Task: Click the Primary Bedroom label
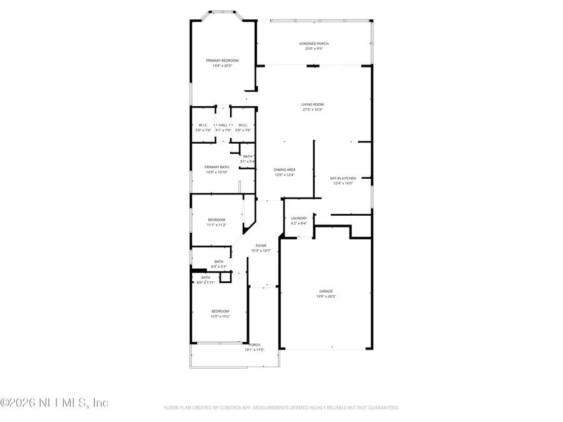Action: (222, 61)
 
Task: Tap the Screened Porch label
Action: (313, 44)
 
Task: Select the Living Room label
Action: (312, 104)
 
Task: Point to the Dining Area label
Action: (284, 169)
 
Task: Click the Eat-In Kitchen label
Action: (342, 178)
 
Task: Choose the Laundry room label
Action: (298, 218)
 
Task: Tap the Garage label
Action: (326, 291)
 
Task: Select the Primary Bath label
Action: (217, 167)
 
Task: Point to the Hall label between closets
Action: (223, 125)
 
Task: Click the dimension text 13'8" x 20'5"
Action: (222, 66)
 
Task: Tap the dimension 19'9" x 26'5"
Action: (326, 296)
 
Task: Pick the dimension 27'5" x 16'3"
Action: (312, 109)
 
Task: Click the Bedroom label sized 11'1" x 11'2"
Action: (216, 219)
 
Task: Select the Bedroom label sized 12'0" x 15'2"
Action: (220, 311)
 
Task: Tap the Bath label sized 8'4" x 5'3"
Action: (218, 261)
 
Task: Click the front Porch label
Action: (254, 344)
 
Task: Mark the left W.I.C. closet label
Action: (203, 125)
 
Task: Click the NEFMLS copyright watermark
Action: (54, 403)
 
